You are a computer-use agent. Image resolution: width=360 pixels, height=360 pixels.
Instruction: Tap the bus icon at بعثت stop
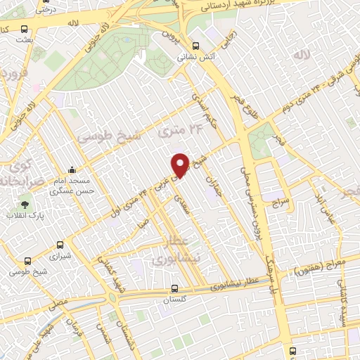pos(25,30)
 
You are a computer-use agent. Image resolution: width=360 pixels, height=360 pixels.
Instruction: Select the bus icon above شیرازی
pos(60,246)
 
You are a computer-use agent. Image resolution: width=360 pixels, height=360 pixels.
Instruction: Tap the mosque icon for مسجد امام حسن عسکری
pos(72,170)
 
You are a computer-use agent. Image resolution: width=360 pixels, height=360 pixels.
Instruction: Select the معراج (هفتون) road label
pos(314,267)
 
